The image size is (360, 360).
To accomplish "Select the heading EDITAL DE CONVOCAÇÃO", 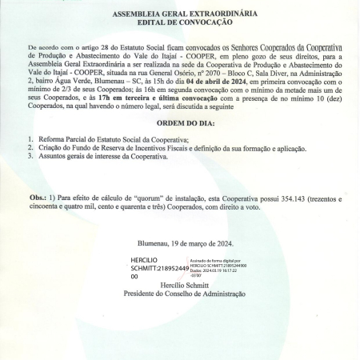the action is (x=180, y=23).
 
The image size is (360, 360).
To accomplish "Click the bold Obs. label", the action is (x=37, y=196).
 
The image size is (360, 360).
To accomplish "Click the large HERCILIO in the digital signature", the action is (x=145, y=260).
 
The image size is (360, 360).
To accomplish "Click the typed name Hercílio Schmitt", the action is (x=181, y=284).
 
